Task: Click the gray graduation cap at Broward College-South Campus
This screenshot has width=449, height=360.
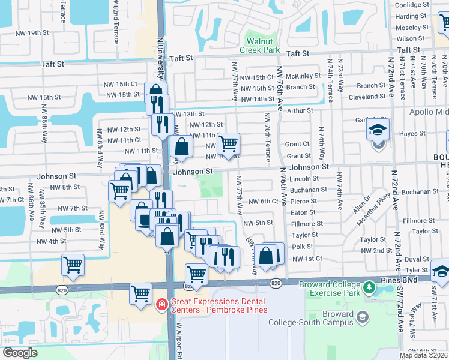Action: pos(361,316)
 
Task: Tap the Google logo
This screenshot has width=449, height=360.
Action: pos(20,353)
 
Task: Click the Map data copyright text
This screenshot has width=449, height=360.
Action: pos(423,355)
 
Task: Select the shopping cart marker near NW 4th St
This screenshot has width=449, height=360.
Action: pos(73,264)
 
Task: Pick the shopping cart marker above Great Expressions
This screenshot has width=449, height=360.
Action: pos(140,294)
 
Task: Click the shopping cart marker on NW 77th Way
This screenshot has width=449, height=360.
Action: pos(228,143)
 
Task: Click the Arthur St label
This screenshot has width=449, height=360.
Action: pos(300,110)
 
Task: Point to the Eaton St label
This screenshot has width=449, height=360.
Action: pos(303,212)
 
